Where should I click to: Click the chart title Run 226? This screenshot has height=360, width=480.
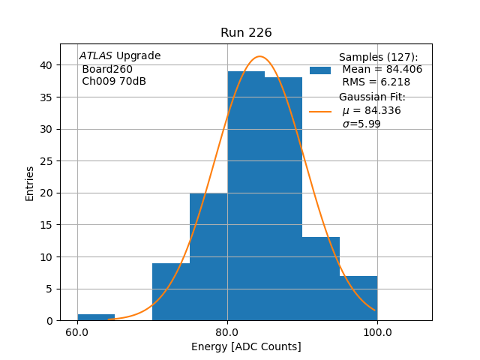(x=246, y=33)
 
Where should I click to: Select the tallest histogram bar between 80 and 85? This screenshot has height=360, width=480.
(x=246, y=195)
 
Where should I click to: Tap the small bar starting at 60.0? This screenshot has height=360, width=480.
(x=96, y=317)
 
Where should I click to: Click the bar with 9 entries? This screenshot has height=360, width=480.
(x=171, y=292)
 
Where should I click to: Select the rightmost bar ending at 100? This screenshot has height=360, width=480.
(x=358, y=298)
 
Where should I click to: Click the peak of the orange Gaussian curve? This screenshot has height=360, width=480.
(x=259, y=56)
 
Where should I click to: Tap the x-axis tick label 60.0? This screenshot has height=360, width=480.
(x=77, y=332)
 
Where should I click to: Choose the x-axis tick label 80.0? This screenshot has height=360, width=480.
(x=227, y=332)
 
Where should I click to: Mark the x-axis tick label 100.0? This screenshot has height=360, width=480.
(x=377, y=332)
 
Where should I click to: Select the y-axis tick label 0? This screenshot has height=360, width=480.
(x=49, y=321)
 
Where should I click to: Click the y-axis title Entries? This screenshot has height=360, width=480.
(x=30, y=183)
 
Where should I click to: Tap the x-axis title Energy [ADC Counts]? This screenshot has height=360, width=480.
(x=246, y=346)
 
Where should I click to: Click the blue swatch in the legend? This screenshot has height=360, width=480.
(x=320, y=70)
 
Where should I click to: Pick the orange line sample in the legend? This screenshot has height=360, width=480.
(x=320, y=111)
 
